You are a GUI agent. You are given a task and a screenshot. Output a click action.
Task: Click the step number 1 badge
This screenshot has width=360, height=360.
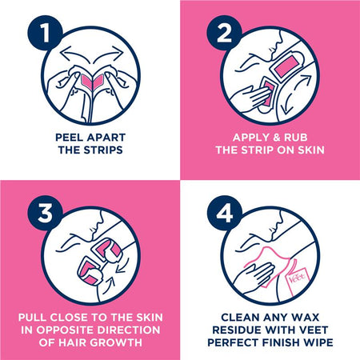point(45,33)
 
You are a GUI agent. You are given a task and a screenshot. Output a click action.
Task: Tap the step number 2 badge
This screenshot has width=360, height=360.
point(224,33)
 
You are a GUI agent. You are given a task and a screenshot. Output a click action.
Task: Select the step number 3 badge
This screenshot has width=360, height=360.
point(45,213)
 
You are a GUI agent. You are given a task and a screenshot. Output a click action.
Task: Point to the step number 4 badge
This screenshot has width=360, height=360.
point(224,213)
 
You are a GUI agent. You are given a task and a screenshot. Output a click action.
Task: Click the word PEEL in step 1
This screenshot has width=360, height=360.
point(67,138)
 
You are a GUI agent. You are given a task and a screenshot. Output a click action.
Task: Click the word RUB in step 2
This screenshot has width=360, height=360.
point(296,138)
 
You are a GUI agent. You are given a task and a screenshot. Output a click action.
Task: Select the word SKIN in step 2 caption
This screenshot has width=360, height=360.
point(311,150)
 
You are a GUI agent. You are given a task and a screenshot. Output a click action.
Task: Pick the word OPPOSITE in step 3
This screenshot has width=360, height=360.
point(65,330)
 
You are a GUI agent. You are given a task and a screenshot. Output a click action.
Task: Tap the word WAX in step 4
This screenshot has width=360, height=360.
point(305,318)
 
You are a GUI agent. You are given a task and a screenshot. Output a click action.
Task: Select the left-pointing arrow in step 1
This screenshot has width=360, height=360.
point(78,54)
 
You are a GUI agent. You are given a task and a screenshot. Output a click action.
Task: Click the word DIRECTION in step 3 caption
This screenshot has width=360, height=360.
point(129,330)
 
